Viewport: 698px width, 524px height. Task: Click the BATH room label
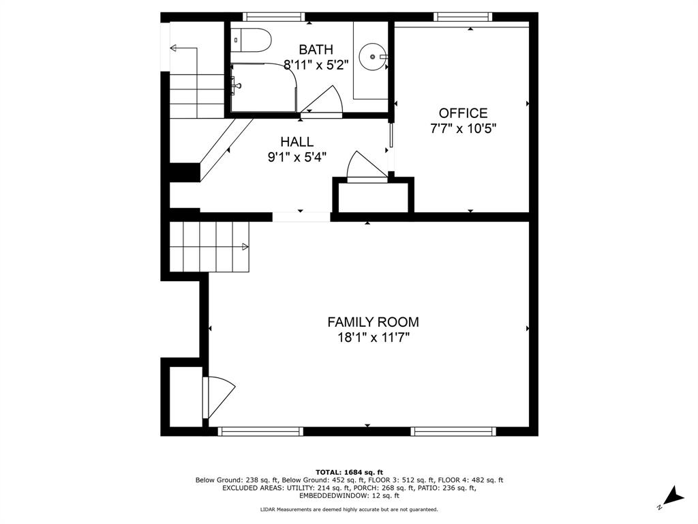point(316,49)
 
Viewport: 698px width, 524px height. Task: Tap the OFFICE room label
point(463,113)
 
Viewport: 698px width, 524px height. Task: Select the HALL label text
point(297,142)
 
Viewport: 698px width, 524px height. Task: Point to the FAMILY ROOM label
point(373,322)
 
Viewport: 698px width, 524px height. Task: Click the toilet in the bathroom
point(251,40)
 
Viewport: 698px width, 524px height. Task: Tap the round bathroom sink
point(373,57)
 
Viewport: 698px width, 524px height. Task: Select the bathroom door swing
point(322,101)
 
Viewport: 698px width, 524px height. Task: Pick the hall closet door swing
point(366,166)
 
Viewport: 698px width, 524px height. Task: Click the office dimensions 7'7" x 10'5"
point(463,128)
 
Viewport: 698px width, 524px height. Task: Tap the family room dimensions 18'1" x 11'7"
point(373,337)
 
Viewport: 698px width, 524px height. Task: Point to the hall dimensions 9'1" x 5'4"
point(297,158)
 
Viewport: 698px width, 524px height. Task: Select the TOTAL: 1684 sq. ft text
point(350,472)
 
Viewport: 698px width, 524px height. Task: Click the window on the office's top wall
point(463,17)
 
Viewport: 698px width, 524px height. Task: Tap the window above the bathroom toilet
point(274,17)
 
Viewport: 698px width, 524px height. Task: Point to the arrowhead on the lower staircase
point(245,246)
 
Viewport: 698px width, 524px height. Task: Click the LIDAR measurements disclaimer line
point(349,509)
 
